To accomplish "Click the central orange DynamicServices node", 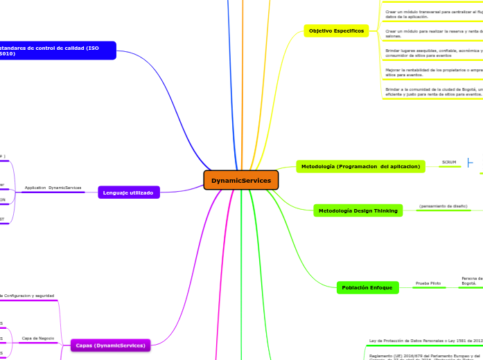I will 241,180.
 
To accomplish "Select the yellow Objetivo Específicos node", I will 336,31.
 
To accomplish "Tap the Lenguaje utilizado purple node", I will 129,192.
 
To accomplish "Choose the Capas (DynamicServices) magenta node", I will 110,345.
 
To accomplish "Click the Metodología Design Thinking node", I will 358,210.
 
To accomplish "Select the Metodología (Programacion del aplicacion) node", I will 359,166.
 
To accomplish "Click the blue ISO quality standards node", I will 55,50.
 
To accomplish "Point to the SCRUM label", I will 449,163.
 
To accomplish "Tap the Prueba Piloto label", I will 428,283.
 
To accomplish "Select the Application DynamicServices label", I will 53,188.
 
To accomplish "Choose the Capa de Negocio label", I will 37,338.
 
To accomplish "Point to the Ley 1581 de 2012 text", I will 424,341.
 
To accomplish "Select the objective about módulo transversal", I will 433,13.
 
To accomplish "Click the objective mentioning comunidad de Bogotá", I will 433,91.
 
